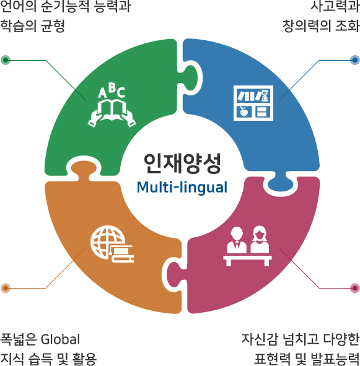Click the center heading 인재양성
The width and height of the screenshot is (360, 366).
(x=182, y=163)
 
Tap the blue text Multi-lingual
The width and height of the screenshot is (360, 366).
(x=182, y=188)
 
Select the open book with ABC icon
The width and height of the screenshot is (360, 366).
(x=112, y=105)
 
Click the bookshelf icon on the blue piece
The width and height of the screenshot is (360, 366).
(x=253, y=103)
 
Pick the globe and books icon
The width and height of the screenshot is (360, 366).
(x=112, y=244)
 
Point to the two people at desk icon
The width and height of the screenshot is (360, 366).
(x=247, y=246)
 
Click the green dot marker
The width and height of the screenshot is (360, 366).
(x=6, y=60)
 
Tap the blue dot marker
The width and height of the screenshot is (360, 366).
(x=355, y=60)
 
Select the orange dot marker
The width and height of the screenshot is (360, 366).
(x=6, y=288)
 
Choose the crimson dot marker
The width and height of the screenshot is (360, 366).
(x=355, y=288)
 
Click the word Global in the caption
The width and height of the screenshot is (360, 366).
(x=60, y=339)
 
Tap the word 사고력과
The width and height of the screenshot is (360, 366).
(x=335, y=6)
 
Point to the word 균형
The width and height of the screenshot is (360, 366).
(x=53, y=25)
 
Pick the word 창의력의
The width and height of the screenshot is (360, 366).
(x=306, y=25)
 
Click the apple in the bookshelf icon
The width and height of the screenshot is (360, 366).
(x=244, y=111)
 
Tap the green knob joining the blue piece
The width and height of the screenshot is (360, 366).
(x=190, y=78)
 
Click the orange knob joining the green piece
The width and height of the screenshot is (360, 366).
(x=84, y=168)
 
